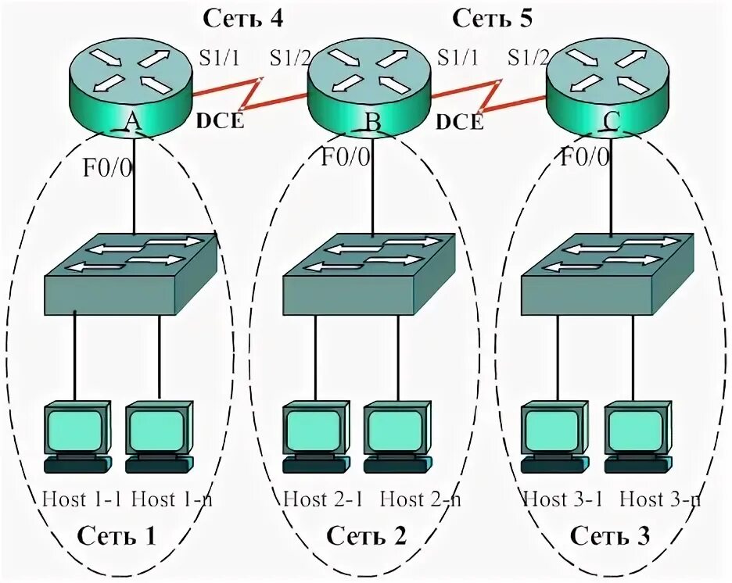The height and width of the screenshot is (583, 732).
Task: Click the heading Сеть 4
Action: coord(244,17)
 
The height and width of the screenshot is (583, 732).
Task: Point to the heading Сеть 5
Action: coord(493,17)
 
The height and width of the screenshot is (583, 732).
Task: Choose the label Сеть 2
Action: coord(367,536)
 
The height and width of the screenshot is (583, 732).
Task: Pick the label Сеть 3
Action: coord(611,536)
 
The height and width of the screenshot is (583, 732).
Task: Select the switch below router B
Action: coord(368,274)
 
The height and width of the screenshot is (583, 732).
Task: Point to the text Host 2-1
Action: coord(322,498)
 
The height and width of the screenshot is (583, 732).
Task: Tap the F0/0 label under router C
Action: coord(585,158)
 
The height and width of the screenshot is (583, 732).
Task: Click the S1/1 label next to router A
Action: coord(221,58)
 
